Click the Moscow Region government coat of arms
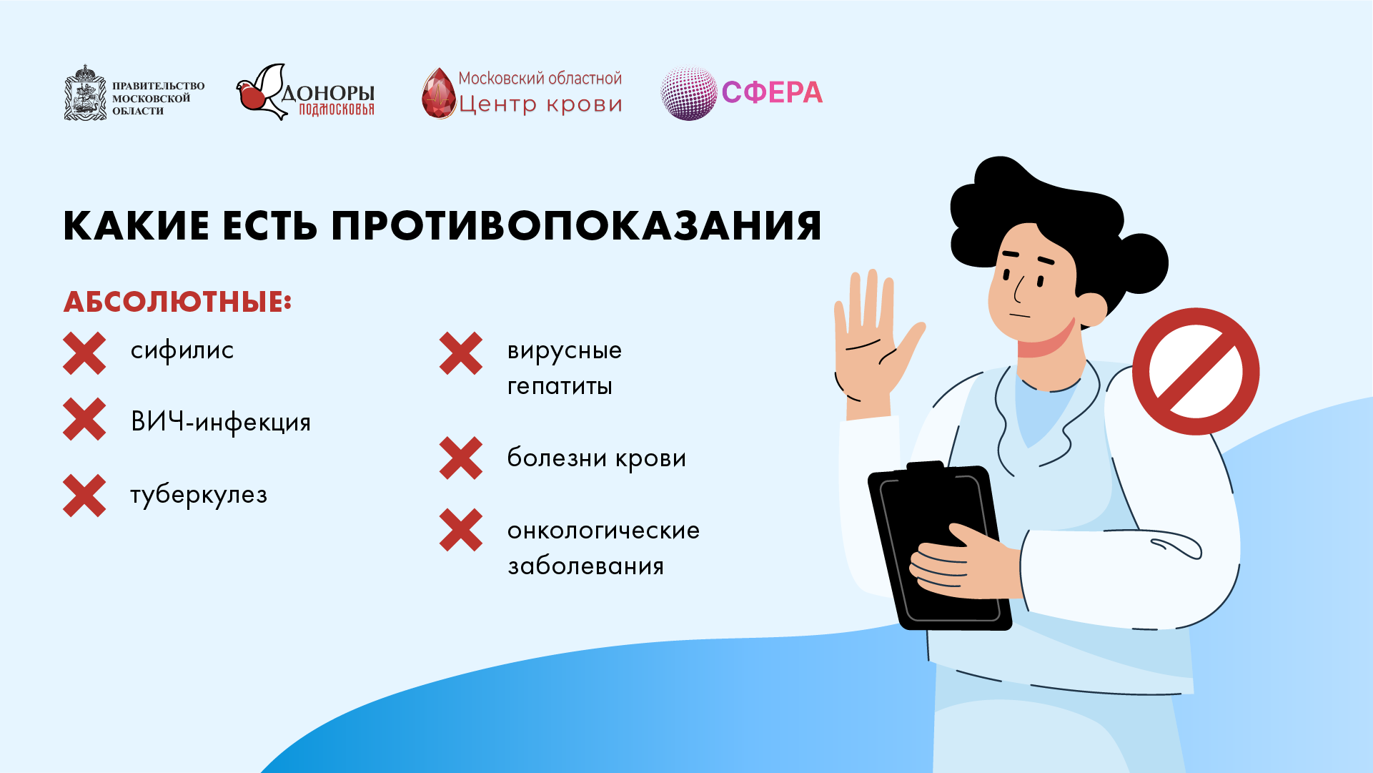pyautogui.click(x=85, y=93)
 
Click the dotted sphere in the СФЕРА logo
pyautogui.click(x=688, y=94)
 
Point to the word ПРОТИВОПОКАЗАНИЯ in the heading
pyautogui.click(x=576, y=226)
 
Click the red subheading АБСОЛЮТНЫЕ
pyautogui.click(x=177, y=302)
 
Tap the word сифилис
pyautogui.click(x=182, y=351)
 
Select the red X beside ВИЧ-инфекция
pyautogui.click(x=84, y=419)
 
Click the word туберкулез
pyautogui.click(x=199, y=495)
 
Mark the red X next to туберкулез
pyautogui.click(x=84, y=496)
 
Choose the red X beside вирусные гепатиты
pyautogui.click(x=461, y=353)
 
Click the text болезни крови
pyautogui.click(x=597, y=458)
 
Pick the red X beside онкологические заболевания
pyautogui.click(x=461, y=530)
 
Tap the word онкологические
pyautogui.click(x=604, y=531)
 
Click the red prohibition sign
pyautogui.click(x=1196, y=371)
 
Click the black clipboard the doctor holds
pyautogui.click(x=939, y=546)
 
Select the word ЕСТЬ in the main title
pyautogui.click(x=269, y=226)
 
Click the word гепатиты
pyautogui.click(x=560, y=387)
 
